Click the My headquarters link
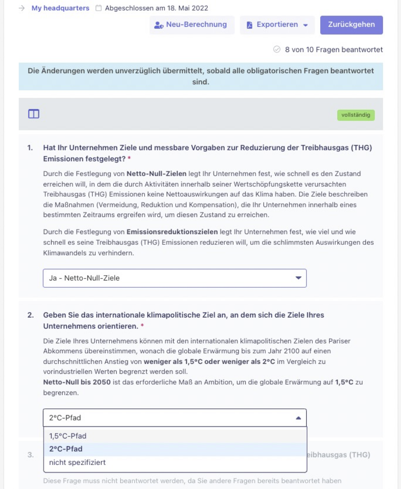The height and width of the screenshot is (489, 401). click(x=60, y=8)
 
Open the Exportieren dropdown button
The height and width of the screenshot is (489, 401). click(x=277, y=25)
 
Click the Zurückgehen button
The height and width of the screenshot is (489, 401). click(x=351, y=25)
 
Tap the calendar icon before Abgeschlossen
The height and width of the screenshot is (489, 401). click(x=98, y=8)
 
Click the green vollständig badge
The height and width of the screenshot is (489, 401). click(x=356, y=115)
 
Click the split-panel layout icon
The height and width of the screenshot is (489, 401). click(x=34, y=114)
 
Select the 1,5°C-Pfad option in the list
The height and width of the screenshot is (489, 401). click(x=68, y=436)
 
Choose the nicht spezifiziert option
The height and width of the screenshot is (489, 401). click(x=77, y=462)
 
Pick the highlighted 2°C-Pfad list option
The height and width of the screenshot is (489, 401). click(x=66, y=449)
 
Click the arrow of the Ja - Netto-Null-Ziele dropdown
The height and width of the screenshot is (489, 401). click(x=298, y=278)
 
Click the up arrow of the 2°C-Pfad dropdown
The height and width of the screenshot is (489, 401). click(x=298, y=418)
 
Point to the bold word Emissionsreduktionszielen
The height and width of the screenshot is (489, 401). click(x=172, y=232)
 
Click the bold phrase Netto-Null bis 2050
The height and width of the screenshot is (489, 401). click(x=77, y=382)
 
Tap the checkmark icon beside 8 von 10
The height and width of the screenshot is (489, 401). click(x=277, y=50)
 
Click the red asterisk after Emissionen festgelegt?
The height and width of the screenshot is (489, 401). click(x=129, y=158)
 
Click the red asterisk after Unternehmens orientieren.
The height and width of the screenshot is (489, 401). click(x=142, y=326)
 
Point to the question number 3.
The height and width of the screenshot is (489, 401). click(x=30, y=455)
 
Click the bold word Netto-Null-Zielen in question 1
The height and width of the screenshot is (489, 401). click(x=156, y=174)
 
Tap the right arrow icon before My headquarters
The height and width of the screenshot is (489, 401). click(x=22, y=8)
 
